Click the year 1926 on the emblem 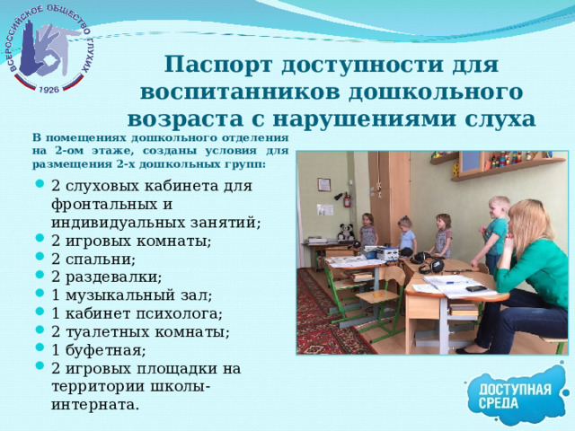point(49,89)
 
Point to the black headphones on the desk point(429,266)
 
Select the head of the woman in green point(528,220)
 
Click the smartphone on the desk point(476,288)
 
